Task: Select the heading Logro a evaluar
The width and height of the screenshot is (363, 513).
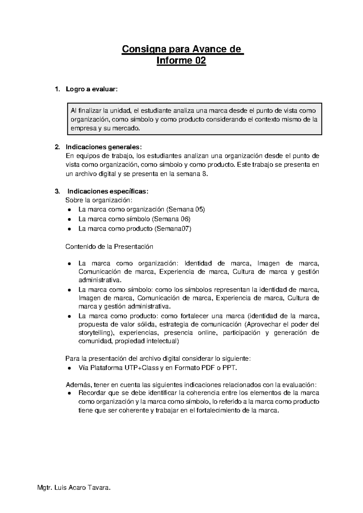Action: point(91,89)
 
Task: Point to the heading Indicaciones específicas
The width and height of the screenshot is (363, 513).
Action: point(108,191)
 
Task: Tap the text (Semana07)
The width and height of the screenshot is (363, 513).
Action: point(173,229)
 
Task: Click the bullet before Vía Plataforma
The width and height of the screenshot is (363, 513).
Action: point(70,368)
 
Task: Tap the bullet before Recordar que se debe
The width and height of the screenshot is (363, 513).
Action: point(70,394)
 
